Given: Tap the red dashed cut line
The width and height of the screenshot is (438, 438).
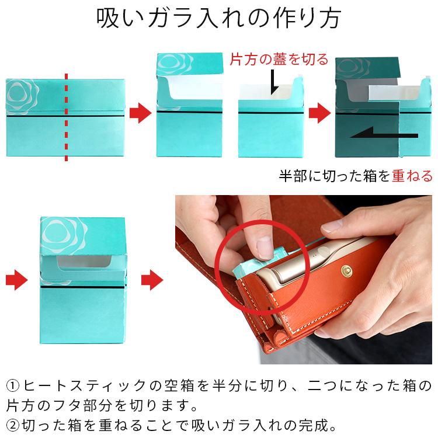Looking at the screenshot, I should (65, 117).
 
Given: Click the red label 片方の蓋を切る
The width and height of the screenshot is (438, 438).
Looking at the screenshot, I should (279, 60).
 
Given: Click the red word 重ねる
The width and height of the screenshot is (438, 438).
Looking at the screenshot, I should (412, 176).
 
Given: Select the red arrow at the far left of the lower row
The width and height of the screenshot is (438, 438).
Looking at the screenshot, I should (17, 280).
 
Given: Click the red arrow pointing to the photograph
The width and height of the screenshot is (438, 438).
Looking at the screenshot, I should (154, 280).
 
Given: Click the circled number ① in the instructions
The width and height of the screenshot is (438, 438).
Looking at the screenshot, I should (13, 386).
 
